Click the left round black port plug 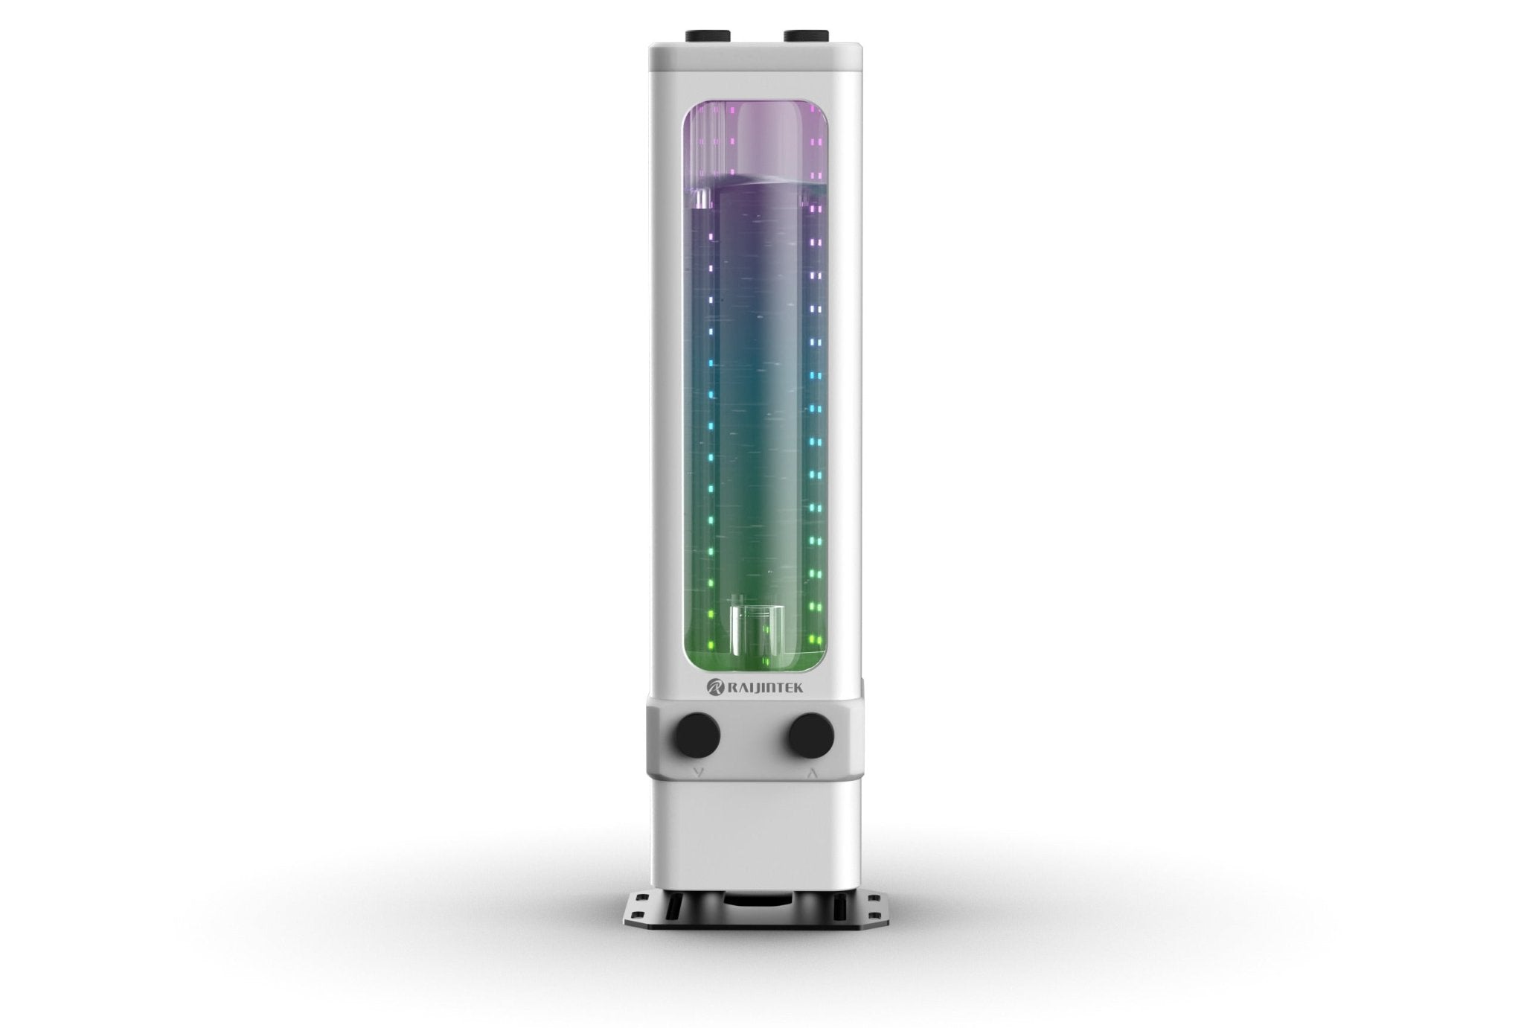coord(700,733)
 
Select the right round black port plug coord(812,733)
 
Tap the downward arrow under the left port coord(697,773)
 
